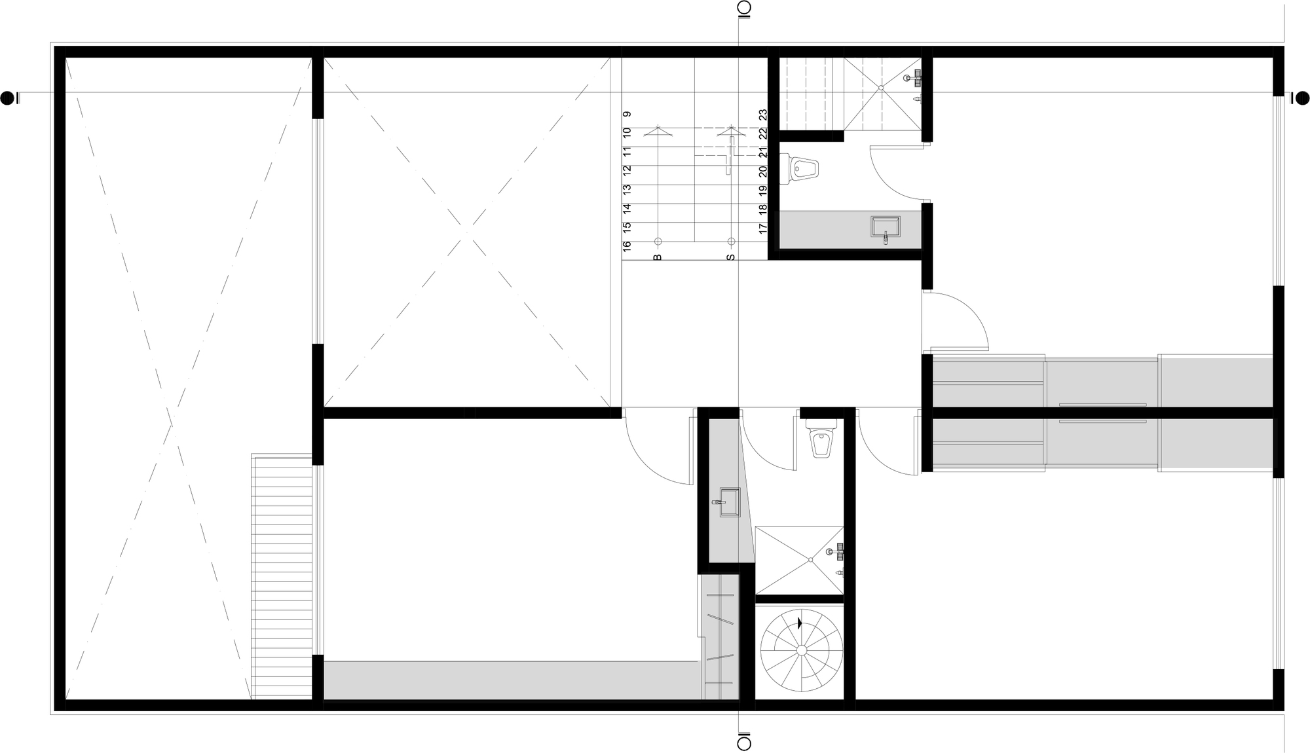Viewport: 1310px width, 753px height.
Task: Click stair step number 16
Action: click(627, 246)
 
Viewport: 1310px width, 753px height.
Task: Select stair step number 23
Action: click(763, 115)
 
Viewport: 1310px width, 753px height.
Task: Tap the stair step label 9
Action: click(627, 114)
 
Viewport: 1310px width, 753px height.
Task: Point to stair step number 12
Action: click(627, 169)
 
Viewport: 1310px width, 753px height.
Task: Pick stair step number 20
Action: click(763, 172)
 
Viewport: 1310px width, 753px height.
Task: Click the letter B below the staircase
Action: click(658, 257)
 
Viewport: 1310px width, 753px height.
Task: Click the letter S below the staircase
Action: click(731, 257)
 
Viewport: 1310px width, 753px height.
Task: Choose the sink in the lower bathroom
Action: click(729, 502)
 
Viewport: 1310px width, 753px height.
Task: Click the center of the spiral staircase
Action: click(800, 650)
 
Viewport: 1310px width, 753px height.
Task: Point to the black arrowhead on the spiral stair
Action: click(800, 623)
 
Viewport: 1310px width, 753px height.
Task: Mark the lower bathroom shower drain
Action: click(810, 560)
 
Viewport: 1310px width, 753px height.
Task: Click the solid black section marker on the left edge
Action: click(8, 98)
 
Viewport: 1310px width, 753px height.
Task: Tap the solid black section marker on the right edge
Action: click(1302, 98)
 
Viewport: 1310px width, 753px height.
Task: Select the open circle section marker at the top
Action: click(744, 8)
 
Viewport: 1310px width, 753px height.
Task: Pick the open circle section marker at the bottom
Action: click(744, 744)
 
